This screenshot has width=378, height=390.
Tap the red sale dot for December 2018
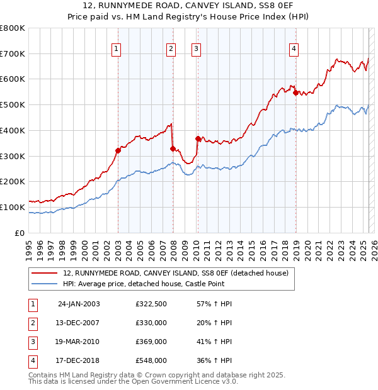coord(295,92)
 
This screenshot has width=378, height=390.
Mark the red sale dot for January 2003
coord(118,150)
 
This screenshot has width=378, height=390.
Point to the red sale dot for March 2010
coord(198,138)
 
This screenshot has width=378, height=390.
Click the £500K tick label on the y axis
coord(13,105)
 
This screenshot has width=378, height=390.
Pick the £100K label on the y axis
coord(13,207)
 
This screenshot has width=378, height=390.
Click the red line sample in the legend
coord(43,273)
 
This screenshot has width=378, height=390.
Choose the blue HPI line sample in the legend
coord(43,284)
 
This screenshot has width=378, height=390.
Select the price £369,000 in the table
coord(151,342)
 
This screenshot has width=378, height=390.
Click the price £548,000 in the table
coord(151,361)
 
